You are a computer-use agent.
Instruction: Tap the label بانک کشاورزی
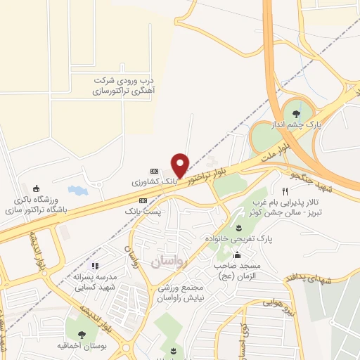150,182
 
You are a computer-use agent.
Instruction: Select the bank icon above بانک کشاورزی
155,171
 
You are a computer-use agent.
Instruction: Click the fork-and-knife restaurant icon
285,191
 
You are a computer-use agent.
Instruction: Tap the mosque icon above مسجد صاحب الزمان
238,255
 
